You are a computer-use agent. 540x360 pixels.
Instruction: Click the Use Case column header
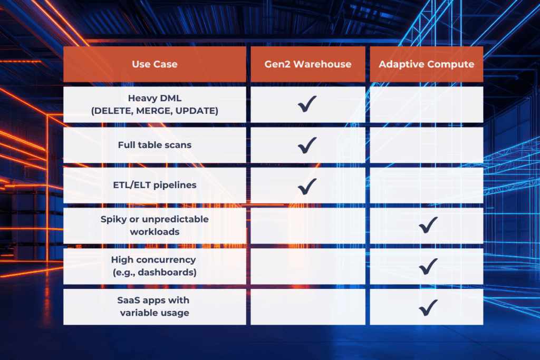tap(155, 64)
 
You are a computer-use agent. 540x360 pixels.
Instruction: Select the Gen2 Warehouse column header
tap(308, 64)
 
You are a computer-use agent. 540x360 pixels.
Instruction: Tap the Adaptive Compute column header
tap(426, 64)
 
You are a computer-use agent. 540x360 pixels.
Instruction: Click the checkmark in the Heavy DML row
tap(307, 104)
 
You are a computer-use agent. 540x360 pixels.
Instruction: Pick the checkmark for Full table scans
tap(307, 145)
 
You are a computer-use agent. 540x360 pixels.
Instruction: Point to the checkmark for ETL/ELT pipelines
tap(307, 186)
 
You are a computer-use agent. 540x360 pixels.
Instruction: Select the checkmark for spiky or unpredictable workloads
tap(428, 225)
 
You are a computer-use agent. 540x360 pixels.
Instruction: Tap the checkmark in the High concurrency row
tap(428, 266)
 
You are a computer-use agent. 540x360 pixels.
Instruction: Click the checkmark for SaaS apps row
tap(428, 307)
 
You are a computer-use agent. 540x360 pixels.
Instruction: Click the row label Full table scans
tap(155, 145)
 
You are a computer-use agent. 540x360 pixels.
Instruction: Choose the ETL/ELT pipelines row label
tap(155, 185)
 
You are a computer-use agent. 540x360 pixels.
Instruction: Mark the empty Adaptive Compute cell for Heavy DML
tap(426, 104)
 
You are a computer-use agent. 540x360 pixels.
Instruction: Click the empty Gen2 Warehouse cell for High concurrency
tap(308, 266)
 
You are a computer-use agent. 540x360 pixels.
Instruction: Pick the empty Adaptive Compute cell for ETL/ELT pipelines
tap(426, 185)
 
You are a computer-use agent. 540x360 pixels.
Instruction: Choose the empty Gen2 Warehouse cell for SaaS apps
tap(308, 307)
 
